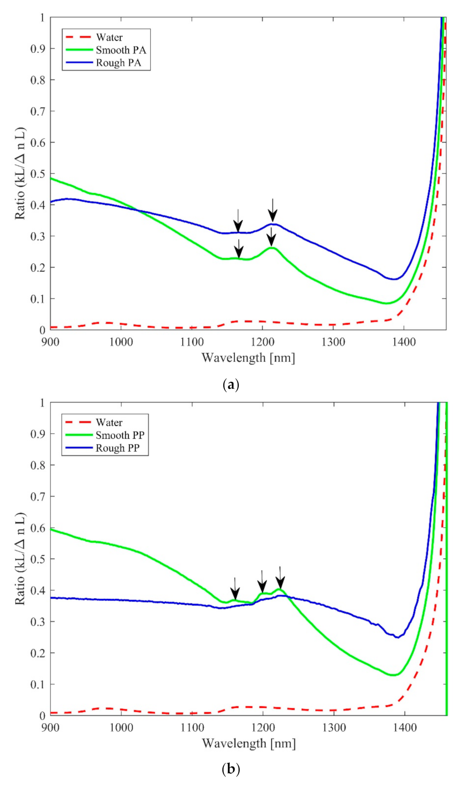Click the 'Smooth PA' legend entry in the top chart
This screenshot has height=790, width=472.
[x=120, y=50]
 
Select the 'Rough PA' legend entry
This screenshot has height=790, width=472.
[x=118, y=63]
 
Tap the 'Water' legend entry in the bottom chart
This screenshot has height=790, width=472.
[x=109, y=423]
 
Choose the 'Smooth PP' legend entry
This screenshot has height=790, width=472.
[x=120, y=435]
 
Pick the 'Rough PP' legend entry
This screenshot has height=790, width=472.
[x=117, y=448]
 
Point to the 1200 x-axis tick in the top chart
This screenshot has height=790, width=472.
[x=263, y=342]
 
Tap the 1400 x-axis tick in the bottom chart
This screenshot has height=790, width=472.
[x=404, y=727]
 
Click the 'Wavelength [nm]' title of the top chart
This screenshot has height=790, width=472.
[x=248, y=358]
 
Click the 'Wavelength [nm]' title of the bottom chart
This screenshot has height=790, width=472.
[x=249, y=744]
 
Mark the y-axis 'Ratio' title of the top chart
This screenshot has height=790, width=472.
[x=20, y=174]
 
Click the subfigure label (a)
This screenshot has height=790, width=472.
[x=231, y=385]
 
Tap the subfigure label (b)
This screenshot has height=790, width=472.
[x=231, y=769]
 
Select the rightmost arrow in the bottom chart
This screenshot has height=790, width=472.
[x=280, y=578]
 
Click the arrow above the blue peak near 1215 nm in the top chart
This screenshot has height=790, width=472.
[x=272, y=210]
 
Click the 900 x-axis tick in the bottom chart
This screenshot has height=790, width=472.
[x=51, y=727]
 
